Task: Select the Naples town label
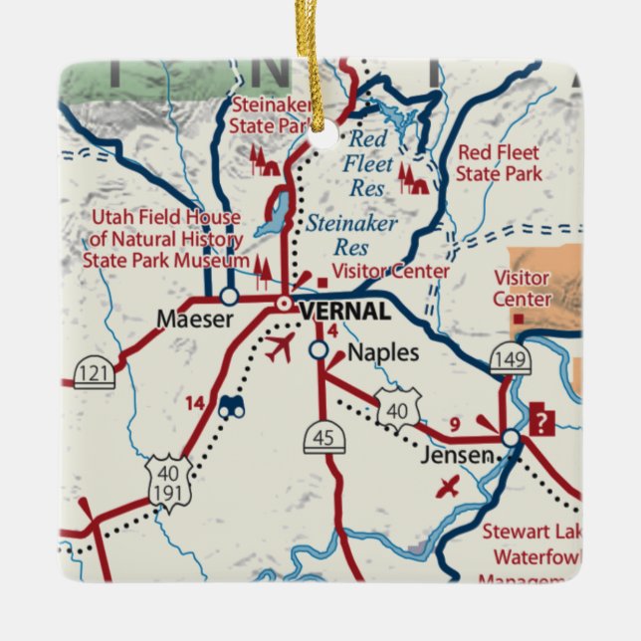click(x=383, y=353)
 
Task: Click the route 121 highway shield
click(x=95, y=374)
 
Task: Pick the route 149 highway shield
click(x=511, y=360)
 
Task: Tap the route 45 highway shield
click(x=324, y=437)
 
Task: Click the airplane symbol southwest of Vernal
click(x=280, y=349)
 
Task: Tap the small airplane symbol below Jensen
click(x=450, y=487)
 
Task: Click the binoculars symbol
click(x=233, y=406)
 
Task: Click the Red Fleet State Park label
click(x=499, y=163)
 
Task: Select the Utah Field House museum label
click(x=165, y=240)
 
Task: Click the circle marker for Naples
click(x=318, y=350)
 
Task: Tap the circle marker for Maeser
click(x=229, y=296)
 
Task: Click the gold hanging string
click(x=320, y=60)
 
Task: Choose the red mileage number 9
click(x=454, y=426)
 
